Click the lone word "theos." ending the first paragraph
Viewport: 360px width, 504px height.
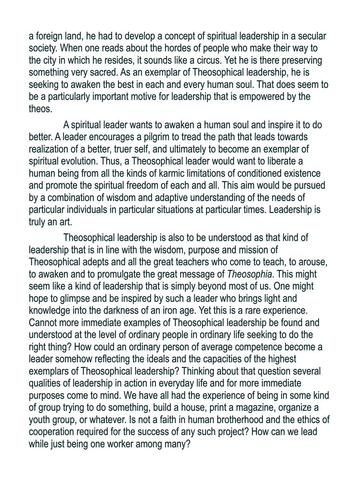[40, 109]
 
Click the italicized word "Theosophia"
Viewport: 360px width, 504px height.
[249, 274]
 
